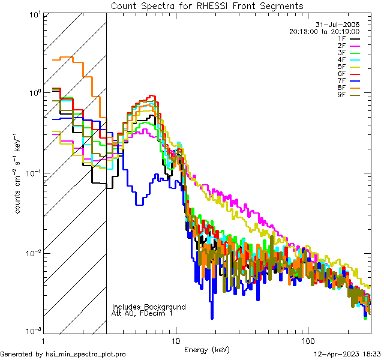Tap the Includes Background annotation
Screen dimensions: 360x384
pos(149,307)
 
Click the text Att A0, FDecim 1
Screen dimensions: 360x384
pos(142,313)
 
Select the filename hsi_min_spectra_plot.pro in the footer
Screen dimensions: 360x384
pos(86,355)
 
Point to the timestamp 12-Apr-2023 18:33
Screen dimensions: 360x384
pos(348,355)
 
